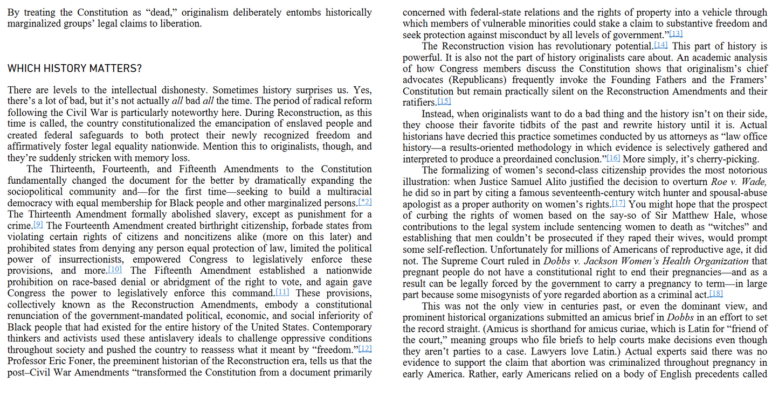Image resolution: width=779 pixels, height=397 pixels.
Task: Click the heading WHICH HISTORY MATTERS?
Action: coord(75,69)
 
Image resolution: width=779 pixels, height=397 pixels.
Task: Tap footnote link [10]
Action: coord(115,269)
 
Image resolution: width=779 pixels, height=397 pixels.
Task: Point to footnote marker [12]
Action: coord(365,349)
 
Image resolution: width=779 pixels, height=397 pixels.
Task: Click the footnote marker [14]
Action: coord(660,45)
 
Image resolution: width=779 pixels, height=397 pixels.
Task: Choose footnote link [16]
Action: coord(613,158)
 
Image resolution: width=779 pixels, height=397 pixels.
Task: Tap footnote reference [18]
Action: coord(716,294)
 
